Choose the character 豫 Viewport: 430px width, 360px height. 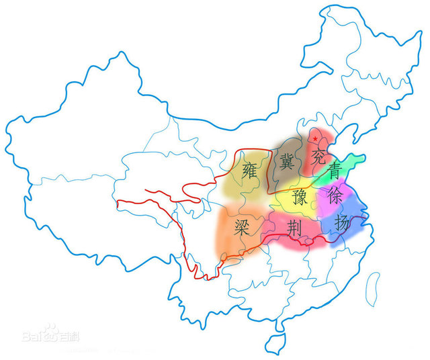coord(300,197)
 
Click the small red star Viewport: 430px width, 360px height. coord(315,139)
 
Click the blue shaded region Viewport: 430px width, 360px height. coord(349,225)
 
